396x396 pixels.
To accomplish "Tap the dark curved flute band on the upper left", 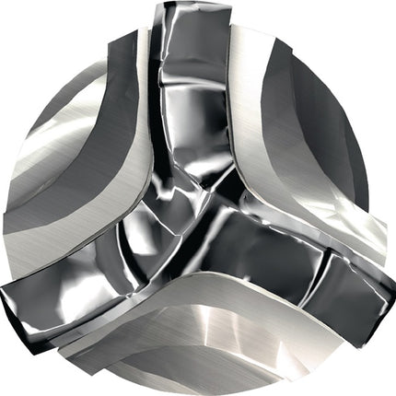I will (x=101, y=101).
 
